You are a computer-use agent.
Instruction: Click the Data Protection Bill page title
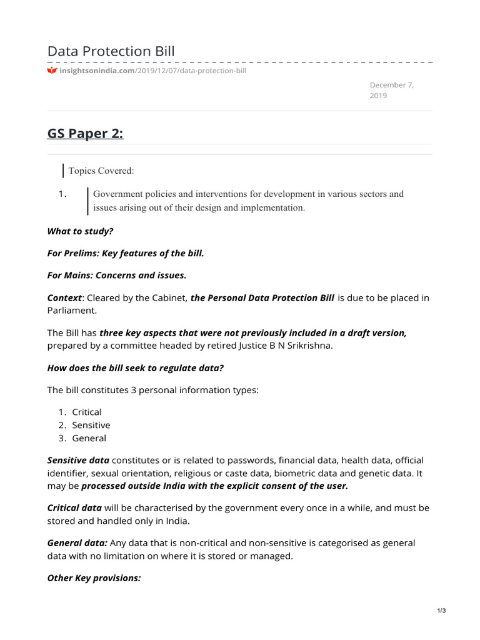(x=111, y=51)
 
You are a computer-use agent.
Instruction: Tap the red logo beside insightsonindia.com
(x=52, y=71)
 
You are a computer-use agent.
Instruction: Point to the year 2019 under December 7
(x=378, y=96)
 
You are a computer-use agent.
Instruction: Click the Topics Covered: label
(x=101, y=171)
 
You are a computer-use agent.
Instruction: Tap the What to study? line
(x=81, y=231)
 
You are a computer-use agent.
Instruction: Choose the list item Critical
(x=87, y=412)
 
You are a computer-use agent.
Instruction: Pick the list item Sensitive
(x=91, y=425)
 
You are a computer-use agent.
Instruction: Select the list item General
(x=89, y=438)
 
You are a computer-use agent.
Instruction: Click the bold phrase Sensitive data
(x=78, y=460)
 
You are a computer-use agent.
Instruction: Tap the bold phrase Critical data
(x=74, y=507)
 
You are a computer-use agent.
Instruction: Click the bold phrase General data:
(x=77, y=543)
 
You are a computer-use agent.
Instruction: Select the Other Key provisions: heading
(x=94, y=578)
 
